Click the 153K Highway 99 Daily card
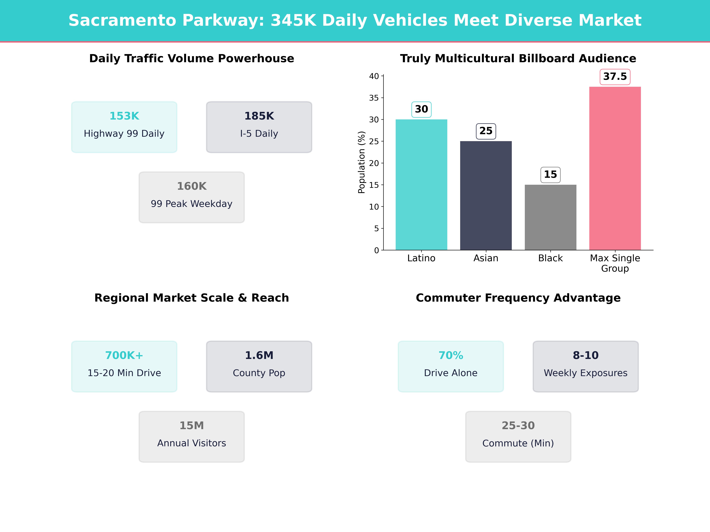124,127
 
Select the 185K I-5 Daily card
259,127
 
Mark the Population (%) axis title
361,162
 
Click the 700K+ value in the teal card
124,355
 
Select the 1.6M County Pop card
259,366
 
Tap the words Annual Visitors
192,443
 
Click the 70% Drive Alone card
451,366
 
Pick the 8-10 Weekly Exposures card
585,366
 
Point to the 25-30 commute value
518,426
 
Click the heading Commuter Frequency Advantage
518,298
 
